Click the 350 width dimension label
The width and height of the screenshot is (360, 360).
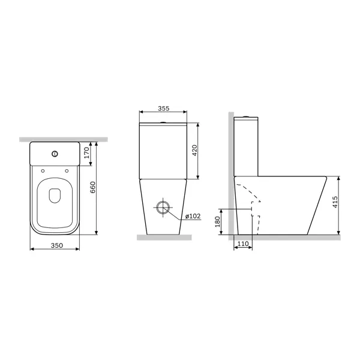pyautogui.click(x=57, y=245)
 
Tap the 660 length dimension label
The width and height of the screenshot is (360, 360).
pyautogui.click(x=92, y=187)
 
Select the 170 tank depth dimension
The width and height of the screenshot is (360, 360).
pyautogui.click(x=86, y=152)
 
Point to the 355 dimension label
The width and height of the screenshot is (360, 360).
pyautogui.click(x=163, y=109)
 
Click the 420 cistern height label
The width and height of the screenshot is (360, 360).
pyautogui.click(x=194, y=151)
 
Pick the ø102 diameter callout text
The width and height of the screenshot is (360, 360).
pyautogui.click(x=193, y=216)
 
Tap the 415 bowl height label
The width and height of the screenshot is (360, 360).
pyautogui.click(x=335, y=202)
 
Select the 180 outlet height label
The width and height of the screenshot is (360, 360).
pyautogui.click(x=217, y=221)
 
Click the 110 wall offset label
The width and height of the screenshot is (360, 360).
pyautogui.click(x=243, y=244)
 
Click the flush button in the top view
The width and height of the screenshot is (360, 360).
pyautogui.click(x=55, y=154)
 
